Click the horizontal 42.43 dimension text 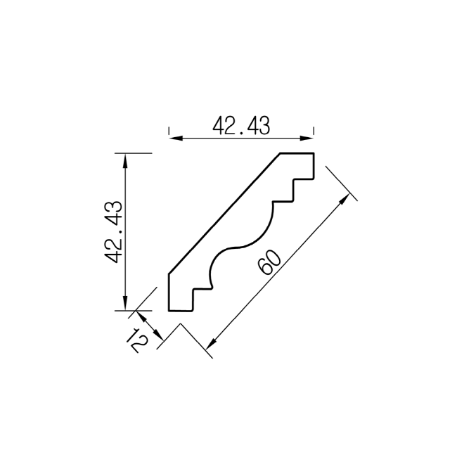click(241, 126)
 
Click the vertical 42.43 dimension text click(114, 232)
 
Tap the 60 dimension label click(270, 263)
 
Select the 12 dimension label click(137, 340)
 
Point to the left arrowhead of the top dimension click(176, 138)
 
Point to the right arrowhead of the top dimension click(307, 138)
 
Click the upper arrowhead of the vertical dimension click(125, 160)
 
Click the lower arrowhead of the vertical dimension click(125, 304)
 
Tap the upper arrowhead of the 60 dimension click(345, 200)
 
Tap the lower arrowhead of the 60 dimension click(212, 343)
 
